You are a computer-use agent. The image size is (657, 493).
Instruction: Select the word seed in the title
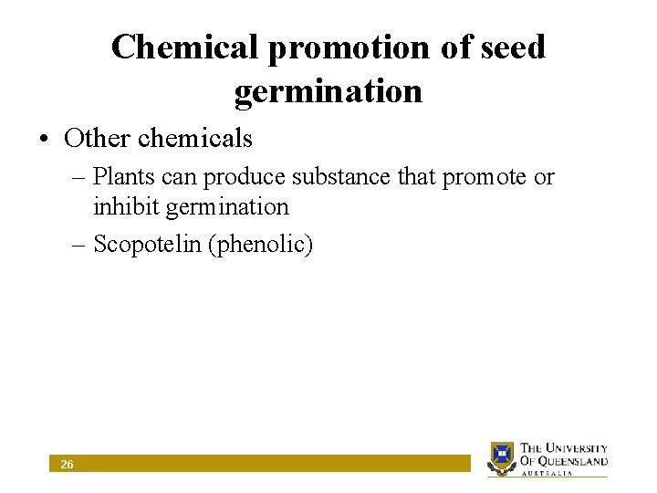tap(514, 47)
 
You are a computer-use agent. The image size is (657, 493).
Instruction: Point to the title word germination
tap(328, 91)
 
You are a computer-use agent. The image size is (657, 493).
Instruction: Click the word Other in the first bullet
tap(97, 138)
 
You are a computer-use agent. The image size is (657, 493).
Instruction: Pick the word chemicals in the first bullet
tap(195, 138)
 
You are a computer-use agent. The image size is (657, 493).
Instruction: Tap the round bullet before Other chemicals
tap(44, 139)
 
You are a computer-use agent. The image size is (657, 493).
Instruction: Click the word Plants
tap(123, 177)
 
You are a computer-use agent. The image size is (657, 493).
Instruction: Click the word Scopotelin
tap(148, 246)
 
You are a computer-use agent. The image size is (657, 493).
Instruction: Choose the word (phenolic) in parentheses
tap(261, 246)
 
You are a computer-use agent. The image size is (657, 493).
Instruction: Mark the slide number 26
tap(67, 465)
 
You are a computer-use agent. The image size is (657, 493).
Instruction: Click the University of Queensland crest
tap(502, 456)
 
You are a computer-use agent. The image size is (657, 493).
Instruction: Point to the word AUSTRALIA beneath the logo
tap(547, 473)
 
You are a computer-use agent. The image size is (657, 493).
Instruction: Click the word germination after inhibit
tap(227, 207)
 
